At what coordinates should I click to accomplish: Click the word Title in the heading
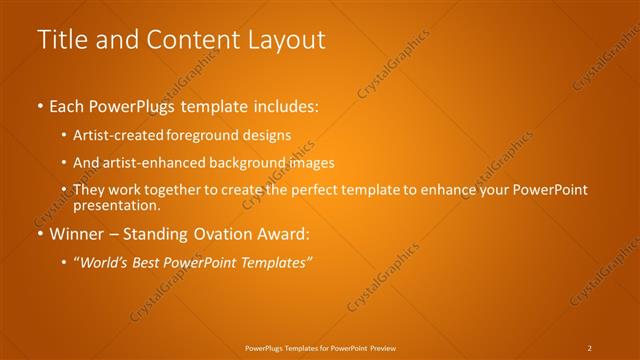pos(58,40)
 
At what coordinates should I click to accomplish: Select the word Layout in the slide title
pos(288,40)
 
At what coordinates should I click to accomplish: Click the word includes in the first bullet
pos(284,106)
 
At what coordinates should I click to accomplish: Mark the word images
pos(307,162)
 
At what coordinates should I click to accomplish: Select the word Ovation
pos(225,234)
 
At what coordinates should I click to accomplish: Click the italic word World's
pos(104,262)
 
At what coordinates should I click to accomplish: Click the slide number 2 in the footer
pos(590,347)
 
